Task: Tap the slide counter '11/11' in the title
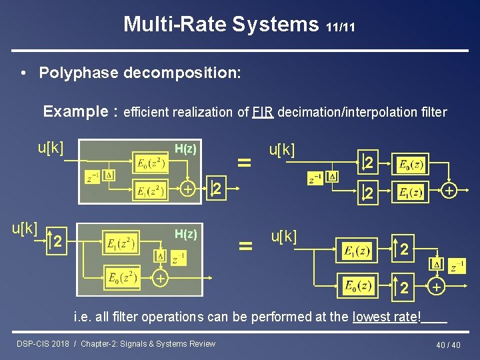pyautogui.click(x=341, y=27)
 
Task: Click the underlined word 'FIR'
pyautogui.click(x=262, y=112)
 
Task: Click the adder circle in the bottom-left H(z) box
pyautogui.click(x=159, y=278)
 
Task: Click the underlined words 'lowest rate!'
pyautogui.click(x=387, y=317)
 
